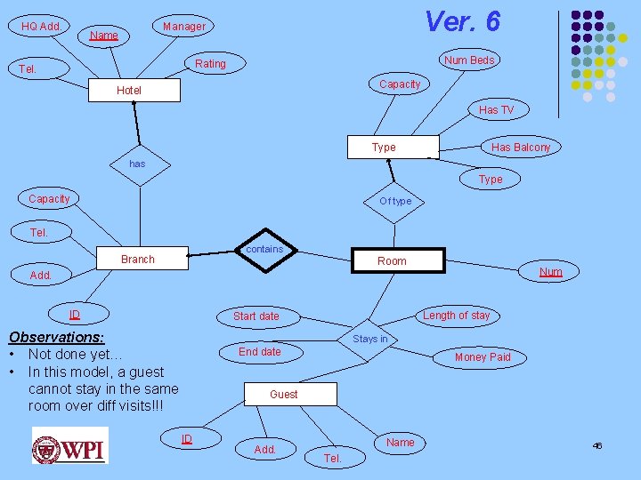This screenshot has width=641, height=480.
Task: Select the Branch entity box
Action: [x=138, y=260]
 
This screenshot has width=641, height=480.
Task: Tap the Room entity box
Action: [x=392, y=260]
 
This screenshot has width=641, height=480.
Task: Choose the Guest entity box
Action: [x=284, y=394]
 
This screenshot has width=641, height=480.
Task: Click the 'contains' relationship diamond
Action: [x=264, y=250]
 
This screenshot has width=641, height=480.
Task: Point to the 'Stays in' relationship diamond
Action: [x=370, y=339]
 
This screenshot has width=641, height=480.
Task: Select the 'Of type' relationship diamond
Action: [x=395, y=201]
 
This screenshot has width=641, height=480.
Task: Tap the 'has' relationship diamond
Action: [x=137, y=164]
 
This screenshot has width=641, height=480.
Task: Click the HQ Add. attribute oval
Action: [x=41, y=27]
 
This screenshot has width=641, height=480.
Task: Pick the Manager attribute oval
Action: [x=183, y=27]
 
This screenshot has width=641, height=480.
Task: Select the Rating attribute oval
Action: [x=210, y=64]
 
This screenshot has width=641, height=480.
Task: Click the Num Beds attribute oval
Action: [x=469, y=60]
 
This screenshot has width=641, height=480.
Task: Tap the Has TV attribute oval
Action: [x=496, y=110]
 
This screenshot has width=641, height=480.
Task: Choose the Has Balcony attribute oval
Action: [x=521, y=147]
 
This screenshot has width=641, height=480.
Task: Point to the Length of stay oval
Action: [x=456, y=315]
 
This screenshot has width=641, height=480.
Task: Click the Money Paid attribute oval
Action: [x=483, y=357]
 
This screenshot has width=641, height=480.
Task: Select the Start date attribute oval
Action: [x=256, y=316]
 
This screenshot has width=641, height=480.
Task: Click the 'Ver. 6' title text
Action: [x=462, y=21]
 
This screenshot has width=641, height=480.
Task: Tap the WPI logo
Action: [x=69, y=445]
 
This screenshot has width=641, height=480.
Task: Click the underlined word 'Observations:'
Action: [x=56, y=338]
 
